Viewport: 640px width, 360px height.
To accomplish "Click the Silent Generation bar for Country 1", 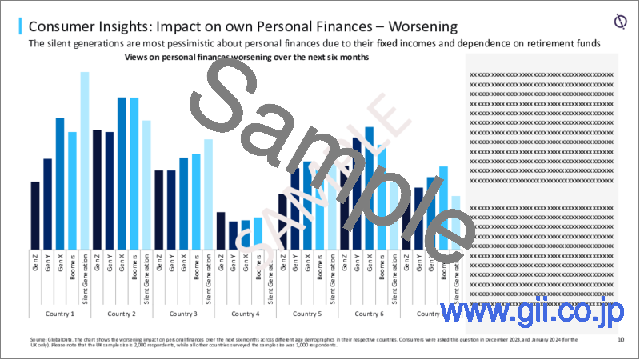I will click(x=85, y=160).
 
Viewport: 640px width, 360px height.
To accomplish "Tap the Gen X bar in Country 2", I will click(x=122, y=172).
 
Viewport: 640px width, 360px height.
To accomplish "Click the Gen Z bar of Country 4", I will click(x=221, y=230).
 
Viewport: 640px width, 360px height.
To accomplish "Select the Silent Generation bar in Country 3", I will click(x=209, y=194).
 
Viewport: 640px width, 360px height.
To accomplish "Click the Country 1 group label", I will click(x=60, y=314).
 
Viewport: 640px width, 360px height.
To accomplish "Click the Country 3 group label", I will click(x=184, y=314).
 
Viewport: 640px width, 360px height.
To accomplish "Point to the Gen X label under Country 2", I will click(x=122, y=263).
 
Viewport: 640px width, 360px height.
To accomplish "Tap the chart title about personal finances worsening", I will click(x=241, y=58).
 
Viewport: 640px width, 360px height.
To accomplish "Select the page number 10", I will click(x=621, y=340).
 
